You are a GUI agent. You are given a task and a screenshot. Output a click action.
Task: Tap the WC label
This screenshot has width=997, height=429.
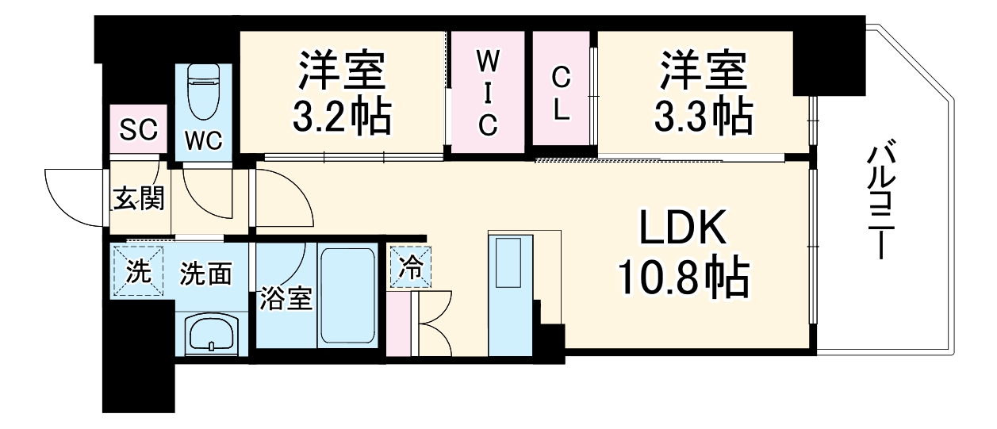click(204, 141)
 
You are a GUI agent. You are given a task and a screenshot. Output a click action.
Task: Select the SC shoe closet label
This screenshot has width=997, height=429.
click(138, 129)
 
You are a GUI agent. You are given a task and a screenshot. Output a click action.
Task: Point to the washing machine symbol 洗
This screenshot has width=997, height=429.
click(138, 272)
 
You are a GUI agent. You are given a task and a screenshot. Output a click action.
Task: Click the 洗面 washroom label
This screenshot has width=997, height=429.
click(205, 274)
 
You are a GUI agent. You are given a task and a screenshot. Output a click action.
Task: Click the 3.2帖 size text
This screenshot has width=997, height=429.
click(342, 116)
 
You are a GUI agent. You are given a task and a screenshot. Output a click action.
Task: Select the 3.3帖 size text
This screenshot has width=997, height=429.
click(703, 116)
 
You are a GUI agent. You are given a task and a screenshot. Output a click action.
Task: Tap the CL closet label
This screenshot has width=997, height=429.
click(561, 94)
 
